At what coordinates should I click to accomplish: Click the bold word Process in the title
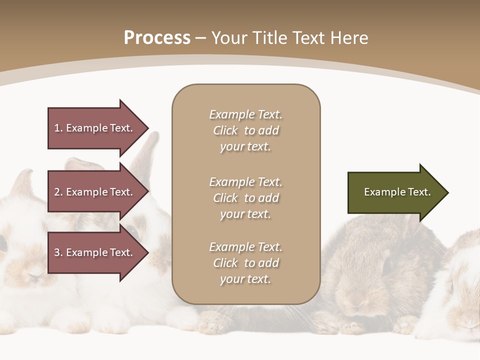[x=157, y=38]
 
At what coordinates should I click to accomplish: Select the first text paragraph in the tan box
[x=245, y=130]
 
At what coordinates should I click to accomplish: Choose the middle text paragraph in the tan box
[x=245, y=198]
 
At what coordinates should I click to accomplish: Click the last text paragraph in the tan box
[x=245, y=263]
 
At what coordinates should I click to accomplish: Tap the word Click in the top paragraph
[x=225, y=130]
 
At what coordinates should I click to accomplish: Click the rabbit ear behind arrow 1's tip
[x=148, y=147]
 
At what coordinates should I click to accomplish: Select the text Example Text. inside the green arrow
[x=397, y=192]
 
